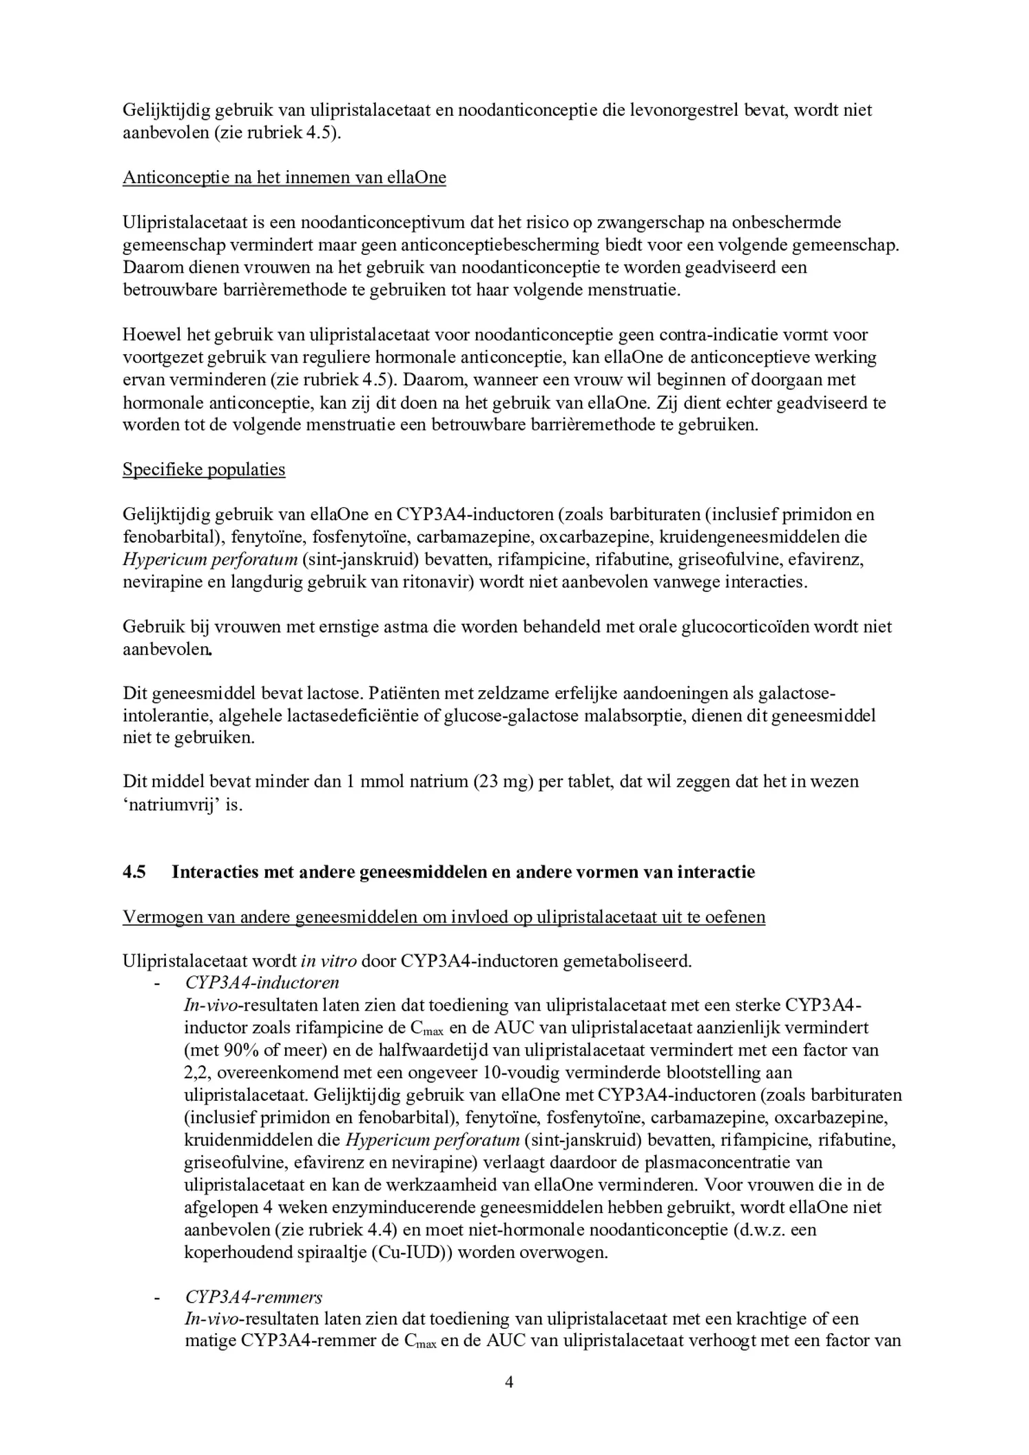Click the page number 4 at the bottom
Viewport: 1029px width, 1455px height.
(x=509, y=1383)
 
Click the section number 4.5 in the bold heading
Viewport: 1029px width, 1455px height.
(x=134, y=872)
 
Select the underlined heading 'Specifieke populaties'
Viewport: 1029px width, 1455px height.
(x=204, y=469)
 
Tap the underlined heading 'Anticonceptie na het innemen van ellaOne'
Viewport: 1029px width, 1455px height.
(x=284, y=178)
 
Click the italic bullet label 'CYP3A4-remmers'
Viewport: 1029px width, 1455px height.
(x=253, y=1297)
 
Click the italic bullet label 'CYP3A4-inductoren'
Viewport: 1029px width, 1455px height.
(x=262, y=982)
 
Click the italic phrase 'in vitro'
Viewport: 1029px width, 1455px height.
(x=329, y=960)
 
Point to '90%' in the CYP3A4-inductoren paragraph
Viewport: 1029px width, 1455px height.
(x=240, y=1051)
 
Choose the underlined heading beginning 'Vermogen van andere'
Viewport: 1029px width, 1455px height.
(x=444, y=918)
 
